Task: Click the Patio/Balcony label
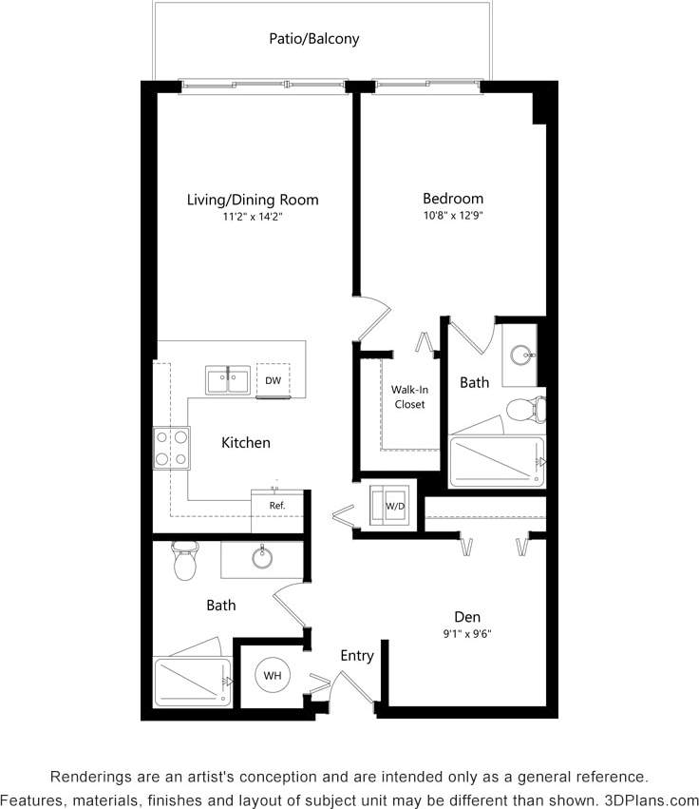tap(314, 39)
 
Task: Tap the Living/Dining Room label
tap(253, 200)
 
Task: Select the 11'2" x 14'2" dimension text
tap(253, 217)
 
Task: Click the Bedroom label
tap(453, 199)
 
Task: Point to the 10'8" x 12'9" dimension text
tap(453, 216)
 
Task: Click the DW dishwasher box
tap(274, 380)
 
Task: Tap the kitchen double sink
tap(229, 379)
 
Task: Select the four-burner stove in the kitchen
tap(171, 447)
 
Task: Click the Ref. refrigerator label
tap(277, 506)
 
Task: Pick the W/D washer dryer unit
tap(394, 505)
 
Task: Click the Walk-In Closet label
tap(408, 396)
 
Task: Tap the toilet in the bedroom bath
tap(525, 410)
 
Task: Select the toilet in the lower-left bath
tap(184, 561)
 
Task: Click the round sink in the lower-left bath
tap(262, 558)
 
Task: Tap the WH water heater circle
tap(273, 676)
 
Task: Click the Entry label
tap(357, 656)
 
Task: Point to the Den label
tap(466, 616)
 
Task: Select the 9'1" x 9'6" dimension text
tap(466, 634)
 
